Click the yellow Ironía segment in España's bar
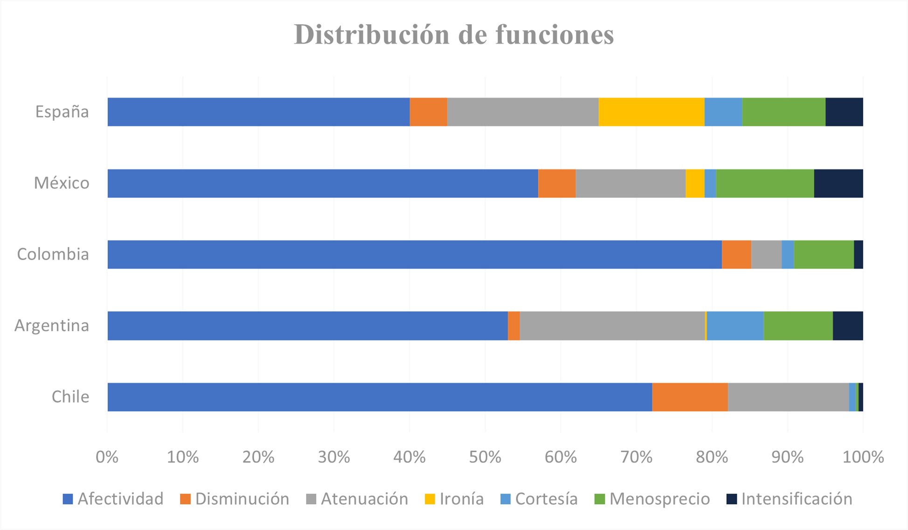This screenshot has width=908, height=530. pyautogui.click(x=651, y=112)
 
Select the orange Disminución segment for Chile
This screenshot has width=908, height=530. pyautogui.click(x=690, y=397)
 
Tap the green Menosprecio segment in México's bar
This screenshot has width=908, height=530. pyautogui.click(x=765, y=183)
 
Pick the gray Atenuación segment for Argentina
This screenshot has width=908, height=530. pyautogui.click(x=612, y=326)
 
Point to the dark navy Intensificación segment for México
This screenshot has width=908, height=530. pyautogui.click(x=838, y=183)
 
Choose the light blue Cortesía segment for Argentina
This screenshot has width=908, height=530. pyautogui.click(x=735, y=326)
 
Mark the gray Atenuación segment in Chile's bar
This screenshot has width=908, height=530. pyautogui.click(x=788, y=397)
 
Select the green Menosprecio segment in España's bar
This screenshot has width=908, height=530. pyautogui.click(x=783, y=112)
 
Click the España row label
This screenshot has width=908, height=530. pyautogui.click(x=62, y=112)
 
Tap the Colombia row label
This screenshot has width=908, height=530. pyautogui.click(x=53, y=255)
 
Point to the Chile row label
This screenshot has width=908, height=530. pyautogui.click(x=70, y=397)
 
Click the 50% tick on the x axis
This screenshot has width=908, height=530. pyautogui.click(x=485, y=457)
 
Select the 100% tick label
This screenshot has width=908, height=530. pyautogui.click(x=863, y=457)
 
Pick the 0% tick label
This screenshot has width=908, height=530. pyautogui.click(x=107, y=457)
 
